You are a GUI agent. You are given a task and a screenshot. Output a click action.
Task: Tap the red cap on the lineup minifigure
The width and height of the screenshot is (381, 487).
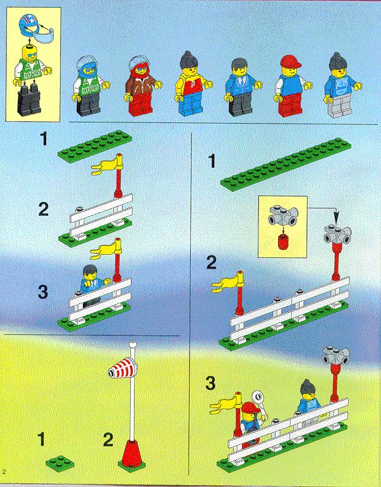point(291,61)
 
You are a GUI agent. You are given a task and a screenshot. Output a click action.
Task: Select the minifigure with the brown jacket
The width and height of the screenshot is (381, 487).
point(143,85)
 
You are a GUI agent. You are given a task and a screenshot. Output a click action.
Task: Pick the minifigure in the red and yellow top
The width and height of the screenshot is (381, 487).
point(193,83)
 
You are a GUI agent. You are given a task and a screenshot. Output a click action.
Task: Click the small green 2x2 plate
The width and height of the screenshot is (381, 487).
point(60,462)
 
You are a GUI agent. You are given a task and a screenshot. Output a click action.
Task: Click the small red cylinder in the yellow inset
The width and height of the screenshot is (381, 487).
point(282,242)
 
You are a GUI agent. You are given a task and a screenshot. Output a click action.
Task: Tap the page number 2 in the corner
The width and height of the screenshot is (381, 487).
point(4,471)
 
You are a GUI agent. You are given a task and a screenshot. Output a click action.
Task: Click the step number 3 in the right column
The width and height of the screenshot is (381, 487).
point(210,383)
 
